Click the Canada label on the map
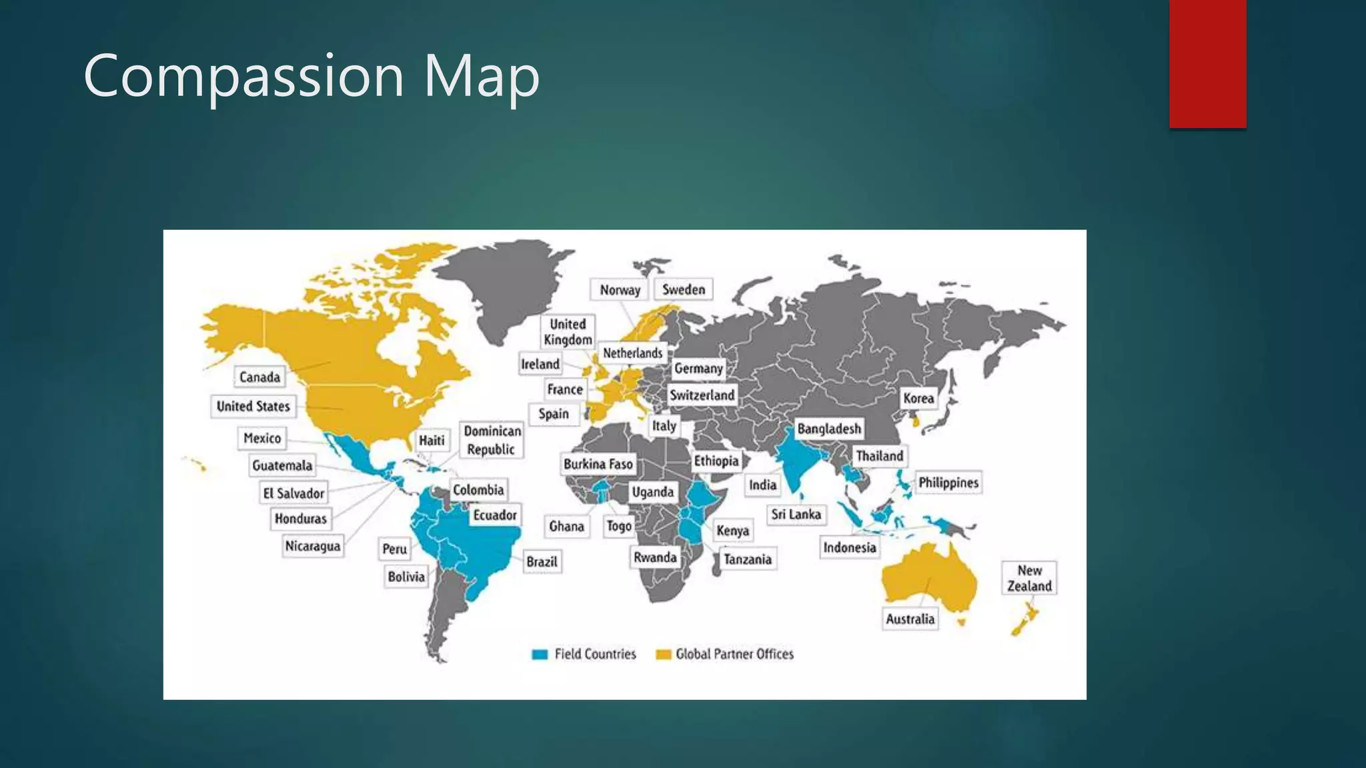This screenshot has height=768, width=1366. pyautogui.click(x=259, y=377)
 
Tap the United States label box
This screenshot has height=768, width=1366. pyautogui.click(x=253, y=407)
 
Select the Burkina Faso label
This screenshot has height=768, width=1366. pyautogui.click(x=598, y=464)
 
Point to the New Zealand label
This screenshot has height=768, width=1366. pyautogui.click(x=1029, y=578)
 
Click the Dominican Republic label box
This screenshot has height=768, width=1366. pyautogui.click(x=492, y=440)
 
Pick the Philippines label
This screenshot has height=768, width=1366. pyautogui.click(x=948, y=483)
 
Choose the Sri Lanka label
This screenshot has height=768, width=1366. pyautogui.click(x=796, y=515)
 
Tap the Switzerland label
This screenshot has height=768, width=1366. pyautogui.click(x=702, y=395)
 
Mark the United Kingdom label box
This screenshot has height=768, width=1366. pyautogui.click(x=568, y=332)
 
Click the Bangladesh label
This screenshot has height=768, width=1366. pyautogui.click(x=829, y=429)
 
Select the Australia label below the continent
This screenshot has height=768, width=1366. pyautogui.click(x=910, y=619)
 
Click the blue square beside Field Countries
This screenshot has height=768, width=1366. pyautogui.click(x=540, y=655)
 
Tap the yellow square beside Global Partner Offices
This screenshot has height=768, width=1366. pyautogui.click(x=663, y=655)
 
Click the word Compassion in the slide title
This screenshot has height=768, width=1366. pyautogui.click(x=243, y=76)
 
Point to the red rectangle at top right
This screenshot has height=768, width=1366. pyautogui.click(x=1207, y=63)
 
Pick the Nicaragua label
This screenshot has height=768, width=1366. pyautogui.click(x=313, y=547)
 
